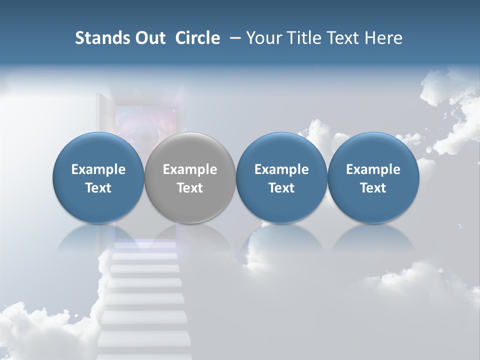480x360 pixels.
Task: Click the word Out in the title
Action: [149, 38]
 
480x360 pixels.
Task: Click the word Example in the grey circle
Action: [190, 169]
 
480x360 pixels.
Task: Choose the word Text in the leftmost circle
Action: [98, 188]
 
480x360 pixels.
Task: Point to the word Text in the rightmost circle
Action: [373, 188]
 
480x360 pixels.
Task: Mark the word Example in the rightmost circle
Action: [373, 169]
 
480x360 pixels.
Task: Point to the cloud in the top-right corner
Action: [450, 100]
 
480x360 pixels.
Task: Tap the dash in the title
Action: [233, 38]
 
